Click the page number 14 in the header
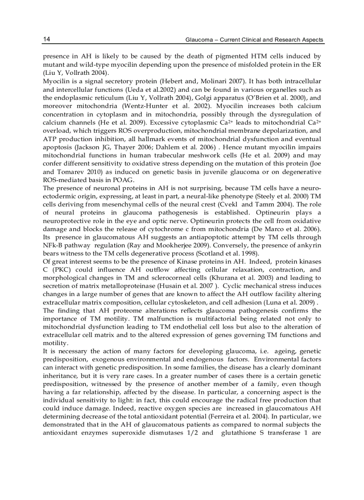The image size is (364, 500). tap(46, 40)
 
